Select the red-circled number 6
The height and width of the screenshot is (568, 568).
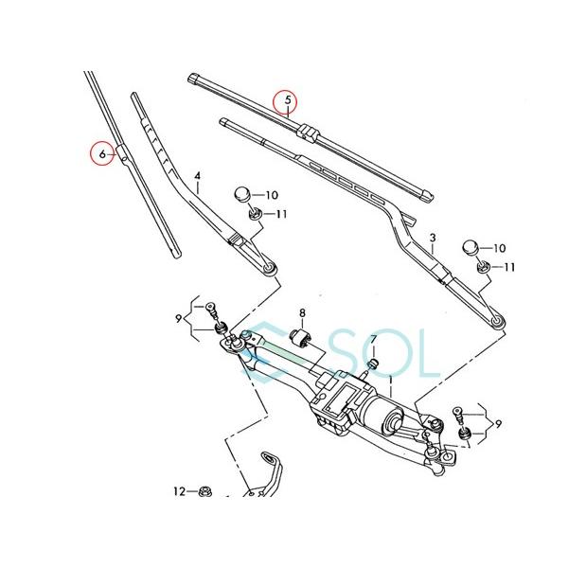[x=99, y=151]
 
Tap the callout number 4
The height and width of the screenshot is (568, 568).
[x=197, y=176]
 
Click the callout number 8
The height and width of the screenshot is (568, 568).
[x=303, y=312]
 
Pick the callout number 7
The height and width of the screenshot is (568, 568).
[x=373, y=340]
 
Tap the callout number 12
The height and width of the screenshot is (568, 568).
[x=178, y=491]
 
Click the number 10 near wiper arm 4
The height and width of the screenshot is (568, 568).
[x=273, y=195]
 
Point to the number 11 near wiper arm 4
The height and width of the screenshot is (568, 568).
[x=281, y=215]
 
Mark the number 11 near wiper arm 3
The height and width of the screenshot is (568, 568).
[x=509, y=267]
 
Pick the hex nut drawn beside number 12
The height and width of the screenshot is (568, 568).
[x=205, y=491]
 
